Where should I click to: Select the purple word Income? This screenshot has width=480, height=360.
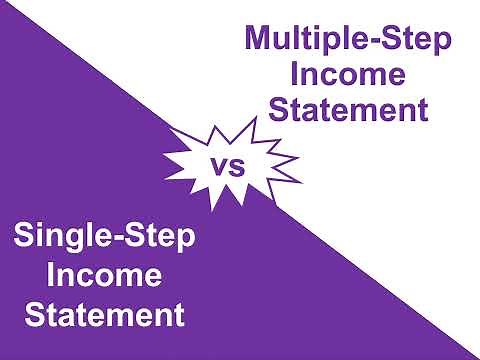pyautogui.click(x=347, y=74)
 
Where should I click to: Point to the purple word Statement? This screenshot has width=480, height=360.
pyautogui.click(x=347, y=107)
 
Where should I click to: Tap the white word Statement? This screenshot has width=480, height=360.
pyautogui.click(x=105, y=314)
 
